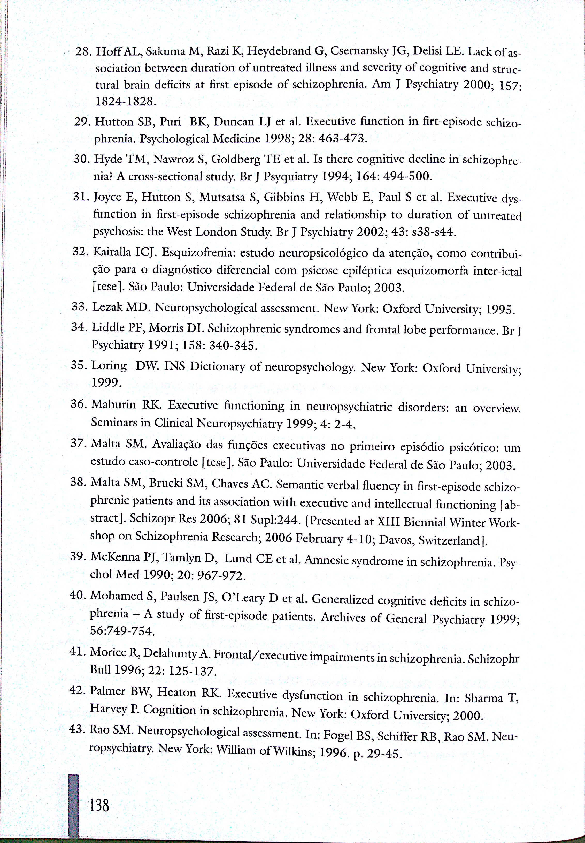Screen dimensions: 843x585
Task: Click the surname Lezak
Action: (x=107, y=307)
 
